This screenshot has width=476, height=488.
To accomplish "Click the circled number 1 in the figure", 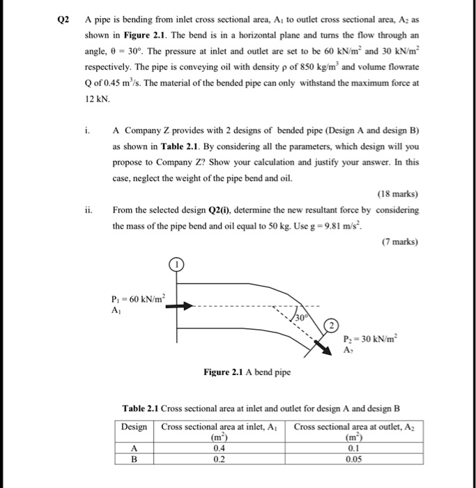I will click(176, 265).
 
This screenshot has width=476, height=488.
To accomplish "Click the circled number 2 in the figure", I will click(333, 326).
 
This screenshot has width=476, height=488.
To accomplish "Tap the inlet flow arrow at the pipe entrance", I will click(178, 306).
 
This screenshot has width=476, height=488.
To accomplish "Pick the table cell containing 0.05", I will click(358, 459).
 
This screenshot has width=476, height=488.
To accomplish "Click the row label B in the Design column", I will click(134, 459).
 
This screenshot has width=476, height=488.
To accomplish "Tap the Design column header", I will click(134, 427).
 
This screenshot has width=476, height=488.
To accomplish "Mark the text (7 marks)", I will click(399, 242).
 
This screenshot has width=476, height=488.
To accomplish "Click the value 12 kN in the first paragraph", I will click(94, 100).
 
